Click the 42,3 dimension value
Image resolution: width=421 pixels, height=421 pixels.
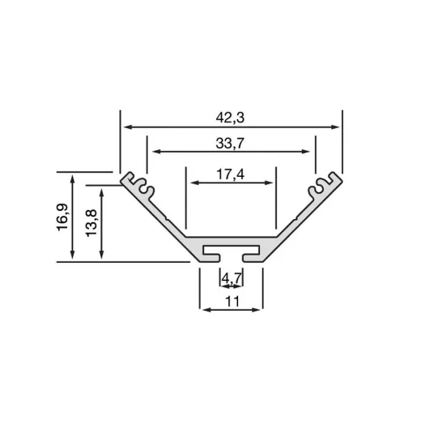pyautogui.click(x=231, y=118)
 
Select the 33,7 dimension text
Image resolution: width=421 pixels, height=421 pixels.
pyautogui.click(x=231, y=144)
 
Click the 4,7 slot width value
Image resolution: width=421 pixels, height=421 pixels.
pyautogui.click(x=232, y=278)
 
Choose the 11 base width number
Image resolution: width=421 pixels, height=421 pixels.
pyautogui.click(x=232, y=302)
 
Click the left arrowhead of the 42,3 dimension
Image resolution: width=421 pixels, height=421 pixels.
pyautogui.click(x=126, y=127)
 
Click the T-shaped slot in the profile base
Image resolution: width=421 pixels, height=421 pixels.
pyautogui.click(x=232, y=248)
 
